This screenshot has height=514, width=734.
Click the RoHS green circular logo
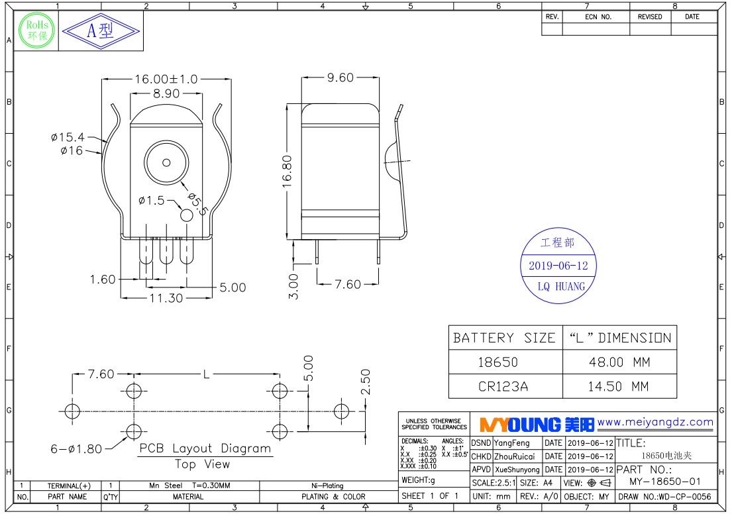click(36, 30)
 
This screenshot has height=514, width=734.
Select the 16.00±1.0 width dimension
click(166, 79)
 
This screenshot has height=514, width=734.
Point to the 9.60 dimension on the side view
click(341, 77)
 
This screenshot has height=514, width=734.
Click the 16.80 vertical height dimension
click(287, 172)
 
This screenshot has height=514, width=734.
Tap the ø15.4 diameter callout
click(68, 137)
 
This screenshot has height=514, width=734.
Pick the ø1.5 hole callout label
click(152, 200)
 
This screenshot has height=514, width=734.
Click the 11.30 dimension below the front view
click(166, 298)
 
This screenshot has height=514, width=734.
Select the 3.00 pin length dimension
click(293, 287)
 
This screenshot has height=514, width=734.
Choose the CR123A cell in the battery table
click(503, 386)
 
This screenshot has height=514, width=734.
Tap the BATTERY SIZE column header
click(505, 338)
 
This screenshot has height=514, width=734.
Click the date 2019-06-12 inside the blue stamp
click(558, 266)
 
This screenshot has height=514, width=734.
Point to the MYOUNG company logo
click(537, 425)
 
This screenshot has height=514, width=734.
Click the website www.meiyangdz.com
click(655, 422)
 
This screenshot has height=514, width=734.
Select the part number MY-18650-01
click(665, 482)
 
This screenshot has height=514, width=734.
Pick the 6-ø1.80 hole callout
click(76, 449)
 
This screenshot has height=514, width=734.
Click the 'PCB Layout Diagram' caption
click(205, 448)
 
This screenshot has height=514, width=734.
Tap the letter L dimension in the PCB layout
click(206, 374)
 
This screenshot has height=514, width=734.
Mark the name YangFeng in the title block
click(512, 443)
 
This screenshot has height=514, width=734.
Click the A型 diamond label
click(101, 31)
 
